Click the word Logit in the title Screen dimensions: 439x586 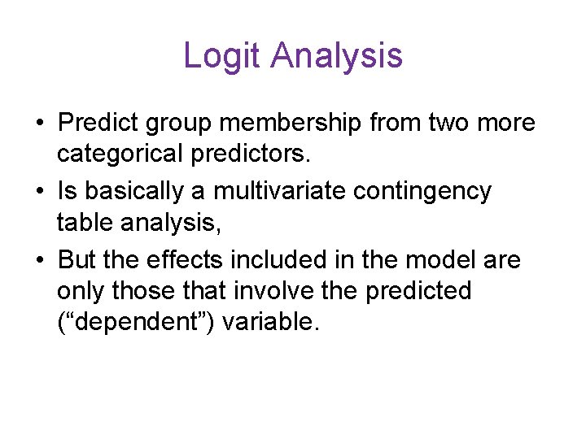click(x=222, y=56)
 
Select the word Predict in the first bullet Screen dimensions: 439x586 click(x=101, y=123)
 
